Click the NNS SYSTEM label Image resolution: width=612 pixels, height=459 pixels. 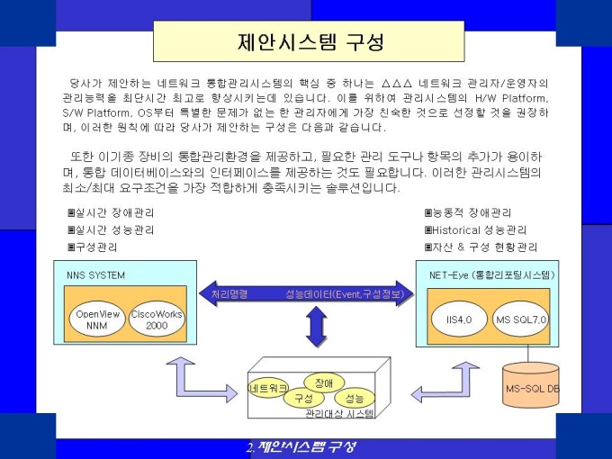pyautogui.click(x=96, y=274)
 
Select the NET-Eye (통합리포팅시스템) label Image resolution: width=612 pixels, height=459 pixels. pyautogui.click(x=492, y=274)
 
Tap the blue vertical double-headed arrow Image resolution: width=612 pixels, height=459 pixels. pyautogui.click(x=315, y=327)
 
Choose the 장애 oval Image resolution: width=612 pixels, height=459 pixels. pyautogui.click(x=324, y=382)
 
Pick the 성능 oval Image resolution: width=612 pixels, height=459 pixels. pyautogui.click(x=355, y=398)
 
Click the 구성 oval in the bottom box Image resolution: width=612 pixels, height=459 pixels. pyautogui.click(x=303, y=398)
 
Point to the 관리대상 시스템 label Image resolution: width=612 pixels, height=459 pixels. pyautogui.click(x=339, y=414)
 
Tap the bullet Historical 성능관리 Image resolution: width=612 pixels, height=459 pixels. pyautogui.click(x=475, y=229)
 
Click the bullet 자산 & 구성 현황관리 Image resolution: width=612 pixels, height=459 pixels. pyautogui.click(x=481, y=247)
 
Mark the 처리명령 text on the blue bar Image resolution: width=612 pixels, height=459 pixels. pyautogui.click(x=229, y=293)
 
